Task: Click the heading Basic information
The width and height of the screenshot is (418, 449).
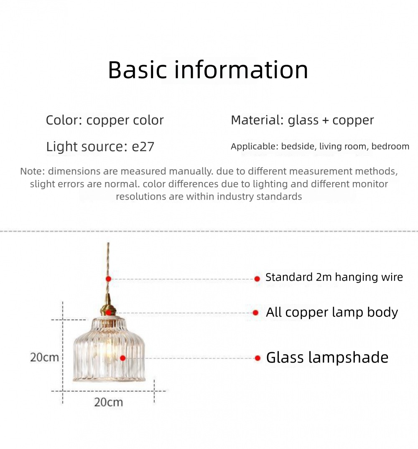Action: click(x=208, y=70)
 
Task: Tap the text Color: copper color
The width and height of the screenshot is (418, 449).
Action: click(x=105, y=120)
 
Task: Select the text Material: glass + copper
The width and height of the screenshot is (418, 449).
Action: click(x=302, y=120)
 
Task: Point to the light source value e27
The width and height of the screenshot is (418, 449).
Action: click(x=143, y=147)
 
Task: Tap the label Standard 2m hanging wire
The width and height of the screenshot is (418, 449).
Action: click(x=334, y=277)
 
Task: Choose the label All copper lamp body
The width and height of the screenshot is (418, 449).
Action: click(x=332, y=312)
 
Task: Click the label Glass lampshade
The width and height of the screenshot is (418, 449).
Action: click(x=327, y=358)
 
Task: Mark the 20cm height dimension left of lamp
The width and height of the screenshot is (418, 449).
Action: click(x=44, y=358)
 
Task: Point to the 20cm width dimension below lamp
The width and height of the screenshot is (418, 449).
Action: click(x=109, y=402)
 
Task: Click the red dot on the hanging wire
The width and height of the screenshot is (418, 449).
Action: click(x=108, y=279)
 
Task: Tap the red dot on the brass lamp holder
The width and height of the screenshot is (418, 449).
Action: click(x=108, y=313)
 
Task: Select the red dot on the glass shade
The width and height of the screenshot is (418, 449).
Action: click(x=122, y=358)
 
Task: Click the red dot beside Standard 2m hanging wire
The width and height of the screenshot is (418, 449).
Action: click(x=257, y=279)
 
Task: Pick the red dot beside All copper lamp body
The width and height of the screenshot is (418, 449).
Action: click(x=255, y=313)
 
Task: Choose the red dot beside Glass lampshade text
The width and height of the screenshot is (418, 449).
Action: click(x=257, y=358)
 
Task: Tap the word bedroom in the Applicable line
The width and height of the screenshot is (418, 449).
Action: click(x=390, y=146)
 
